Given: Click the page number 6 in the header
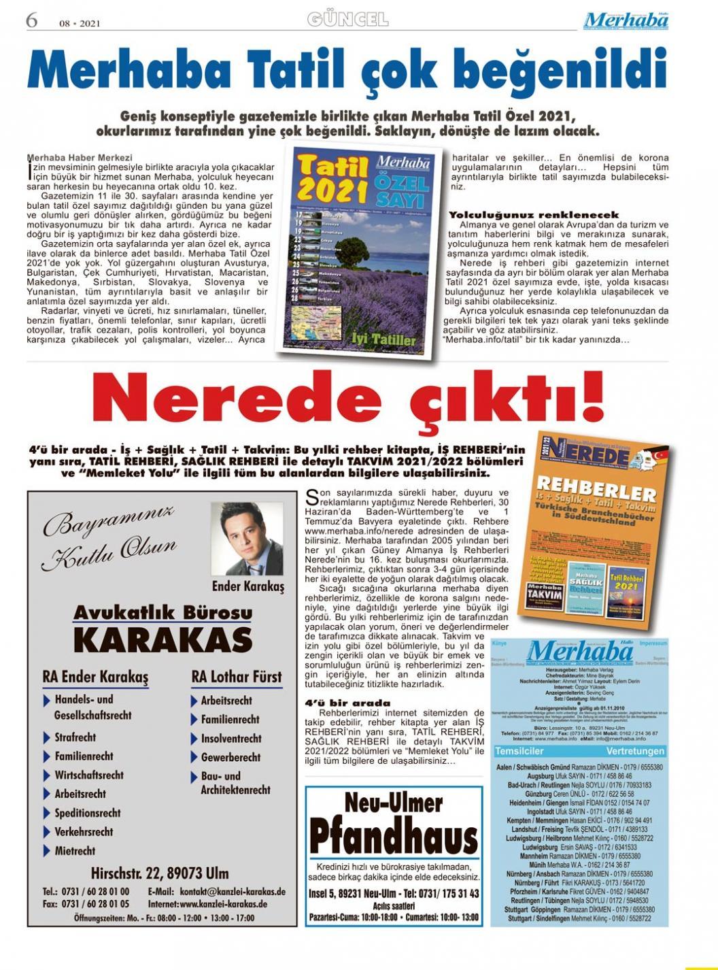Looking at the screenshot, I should (31, 20).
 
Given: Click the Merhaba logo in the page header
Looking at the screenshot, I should (626, 21).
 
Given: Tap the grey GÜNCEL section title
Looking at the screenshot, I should (348, 19).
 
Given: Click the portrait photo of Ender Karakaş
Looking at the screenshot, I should (247, 539).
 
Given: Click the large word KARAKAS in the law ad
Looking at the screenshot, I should (163, 639).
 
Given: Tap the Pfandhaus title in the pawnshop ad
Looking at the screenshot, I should (394, 836).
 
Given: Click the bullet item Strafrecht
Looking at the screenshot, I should (75, 737).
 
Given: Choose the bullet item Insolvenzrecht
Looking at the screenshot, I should (230, 738).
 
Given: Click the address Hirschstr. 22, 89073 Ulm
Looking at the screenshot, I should (160, 873).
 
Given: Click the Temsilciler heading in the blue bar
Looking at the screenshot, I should (519, 751).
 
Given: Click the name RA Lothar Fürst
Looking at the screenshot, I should (236, 677).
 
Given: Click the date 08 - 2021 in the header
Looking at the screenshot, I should (80, 23).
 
